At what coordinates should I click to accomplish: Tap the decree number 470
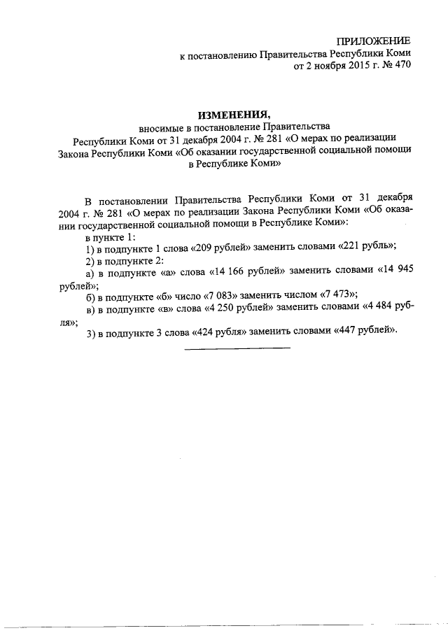point(402,67)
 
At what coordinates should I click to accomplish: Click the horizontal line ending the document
point(237,348)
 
